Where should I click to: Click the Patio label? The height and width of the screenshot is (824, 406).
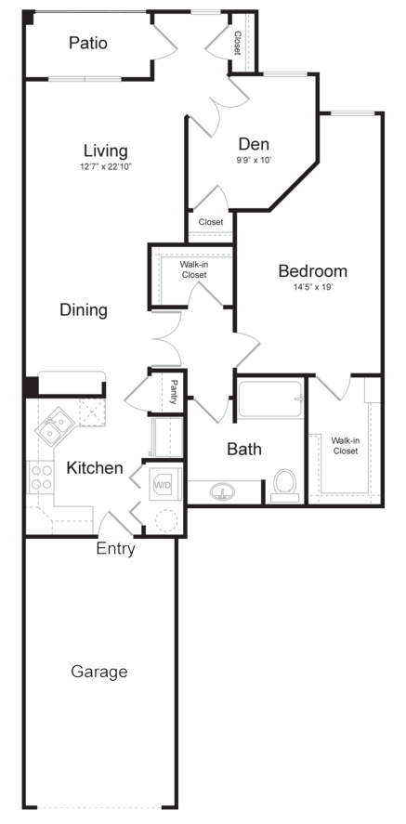click(x=88, y=43)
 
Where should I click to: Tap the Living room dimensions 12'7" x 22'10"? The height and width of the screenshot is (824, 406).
click(x=106, y=167)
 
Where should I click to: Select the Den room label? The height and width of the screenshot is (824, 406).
click(x=254, y=144)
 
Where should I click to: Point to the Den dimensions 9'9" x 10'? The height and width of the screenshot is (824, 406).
click(x=254, y=161)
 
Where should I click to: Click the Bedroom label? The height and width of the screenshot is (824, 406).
click(x=312, y=271)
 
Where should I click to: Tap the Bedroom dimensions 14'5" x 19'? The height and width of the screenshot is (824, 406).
click(x=313, y=288)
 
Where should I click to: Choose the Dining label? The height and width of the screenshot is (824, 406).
click(x=84, y=309)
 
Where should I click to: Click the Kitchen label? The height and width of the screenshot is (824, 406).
click(x=95, y=467)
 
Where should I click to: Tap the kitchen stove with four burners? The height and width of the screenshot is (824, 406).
click(x=41, y=477)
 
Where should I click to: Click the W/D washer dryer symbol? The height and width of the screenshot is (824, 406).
click(x=163, y=486)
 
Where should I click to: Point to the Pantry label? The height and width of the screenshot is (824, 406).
click(x=174, y=392)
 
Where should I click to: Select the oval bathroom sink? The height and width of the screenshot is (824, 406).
click(x=223, y=492)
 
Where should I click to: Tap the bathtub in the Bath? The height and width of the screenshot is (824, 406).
click(x=270, y=399)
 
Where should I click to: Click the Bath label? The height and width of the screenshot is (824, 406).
click(x=244, y=449)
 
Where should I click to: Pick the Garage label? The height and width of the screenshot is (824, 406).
click(x=99, y=672)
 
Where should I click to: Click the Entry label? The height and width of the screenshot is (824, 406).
click(x=115, y=549)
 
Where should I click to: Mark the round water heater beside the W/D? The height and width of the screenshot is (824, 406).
click(x=166, y=520)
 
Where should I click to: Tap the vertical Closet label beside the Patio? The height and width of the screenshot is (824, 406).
click(x=238, y=44)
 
